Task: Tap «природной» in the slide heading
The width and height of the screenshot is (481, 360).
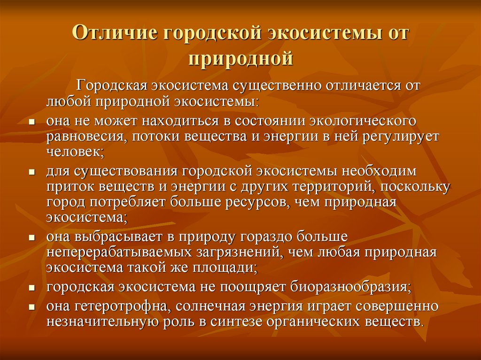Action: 241,58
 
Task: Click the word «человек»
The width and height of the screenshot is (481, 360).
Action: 75,152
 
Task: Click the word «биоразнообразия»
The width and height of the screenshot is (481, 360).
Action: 349,287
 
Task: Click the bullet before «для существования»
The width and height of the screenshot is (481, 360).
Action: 32,172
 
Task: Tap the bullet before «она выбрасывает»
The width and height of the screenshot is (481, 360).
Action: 32,237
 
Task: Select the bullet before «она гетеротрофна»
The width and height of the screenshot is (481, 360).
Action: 32,307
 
